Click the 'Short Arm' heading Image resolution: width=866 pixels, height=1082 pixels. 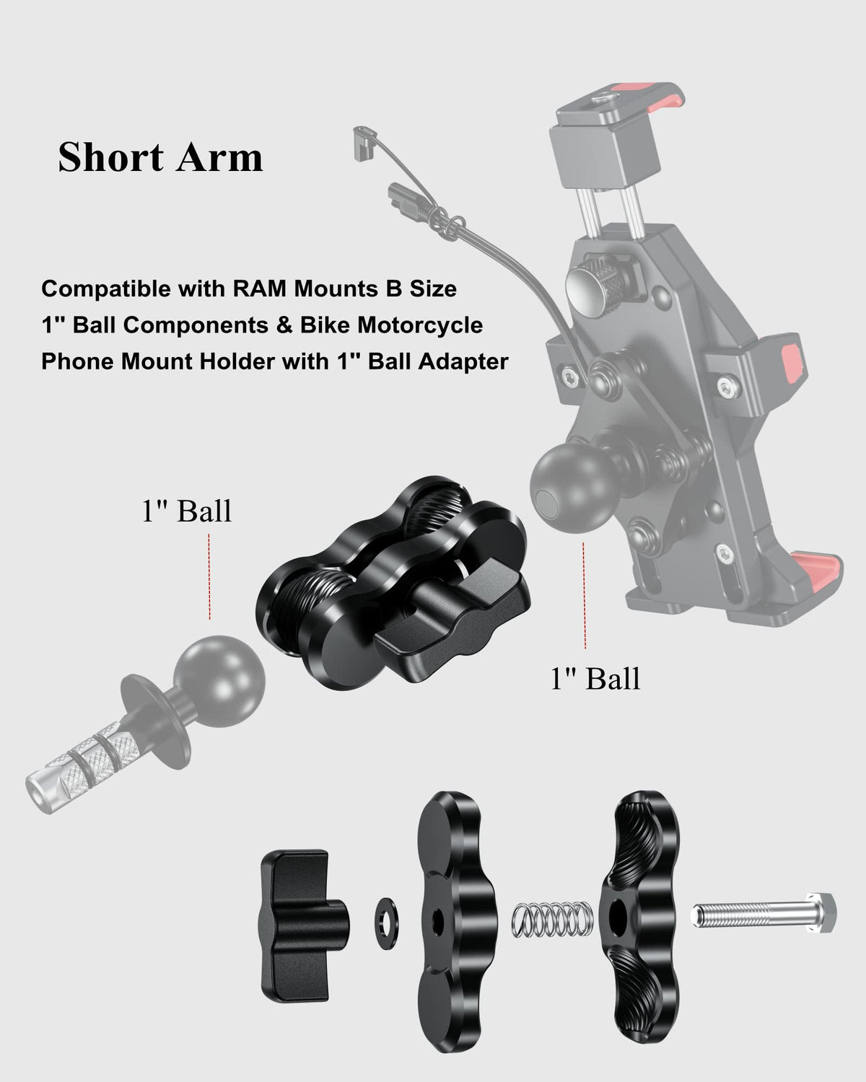point(160,157)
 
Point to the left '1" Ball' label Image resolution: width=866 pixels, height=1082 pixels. point(186,511)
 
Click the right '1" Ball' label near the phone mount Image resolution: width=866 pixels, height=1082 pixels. point(595,679)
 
